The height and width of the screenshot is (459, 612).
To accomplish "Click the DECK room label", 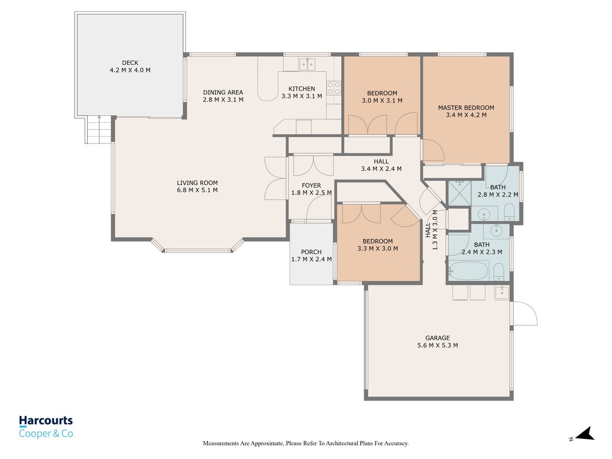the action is click(x=130, y=63).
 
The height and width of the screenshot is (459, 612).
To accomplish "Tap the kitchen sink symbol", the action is click(x=307, y=64).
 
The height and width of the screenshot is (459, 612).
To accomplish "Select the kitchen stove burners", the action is click(x=334, y=88).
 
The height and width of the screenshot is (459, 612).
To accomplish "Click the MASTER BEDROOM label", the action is click(x=466, y=107).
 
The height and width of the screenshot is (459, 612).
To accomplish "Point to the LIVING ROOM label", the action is click(x=197, y=182).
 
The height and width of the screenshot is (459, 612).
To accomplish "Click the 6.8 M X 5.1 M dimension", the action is click(x=197, y=190).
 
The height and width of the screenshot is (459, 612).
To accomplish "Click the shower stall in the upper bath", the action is click(x=459, y=193).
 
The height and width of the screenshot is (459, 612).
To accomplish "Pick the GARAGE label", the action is click(x=438, y=337).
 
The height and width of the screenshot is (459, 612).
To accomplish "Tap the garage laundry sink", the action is click(x=502, y=292).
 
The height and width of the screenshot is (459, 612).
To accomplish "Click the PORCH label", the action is click(x=311, y=252).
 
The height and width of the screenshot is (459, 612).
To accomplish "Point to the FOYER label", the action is click(x=311, y=185).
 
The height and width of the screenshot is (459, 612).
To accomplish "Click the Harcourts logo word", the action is click(x=46, y=421).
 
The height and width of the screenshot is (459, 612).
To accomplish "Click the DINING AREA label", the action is click(x=223, y=92).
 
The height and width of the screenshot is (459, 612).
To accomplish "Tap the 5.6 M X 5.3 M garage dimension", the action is click(x=438, y=345).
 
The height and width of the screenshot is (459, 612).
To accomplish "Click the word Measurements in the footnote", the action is click(x=221, y=444).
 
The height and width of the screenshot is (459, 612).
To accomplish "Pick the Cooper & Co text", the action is click(x=46, y=433).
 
